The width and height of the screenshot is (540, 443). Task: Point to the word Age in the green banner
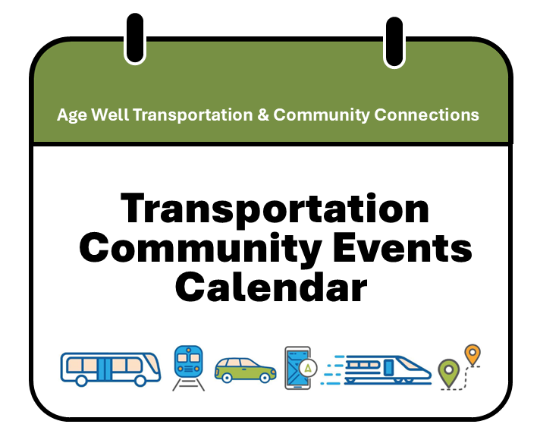click(71, 115)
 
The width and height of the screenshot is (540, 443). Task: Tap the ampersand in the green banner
click(262, 115)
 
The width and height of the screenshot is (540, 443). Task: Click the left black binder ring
click(134, 38)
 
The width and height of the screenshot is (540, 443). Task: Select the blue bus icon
click(111, 367)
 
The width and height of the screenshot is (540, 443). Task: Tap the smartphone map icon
click(297, 368)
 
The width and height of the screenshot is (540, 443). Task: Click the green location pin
click(448, 372)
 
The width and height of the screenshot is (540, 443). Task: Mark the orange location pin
click(472, 353)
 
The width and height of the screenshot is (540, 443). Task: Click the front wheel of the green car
click(266, 377)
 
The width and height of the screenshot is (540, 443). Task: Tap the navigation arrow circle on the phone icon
click(307, 367)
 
